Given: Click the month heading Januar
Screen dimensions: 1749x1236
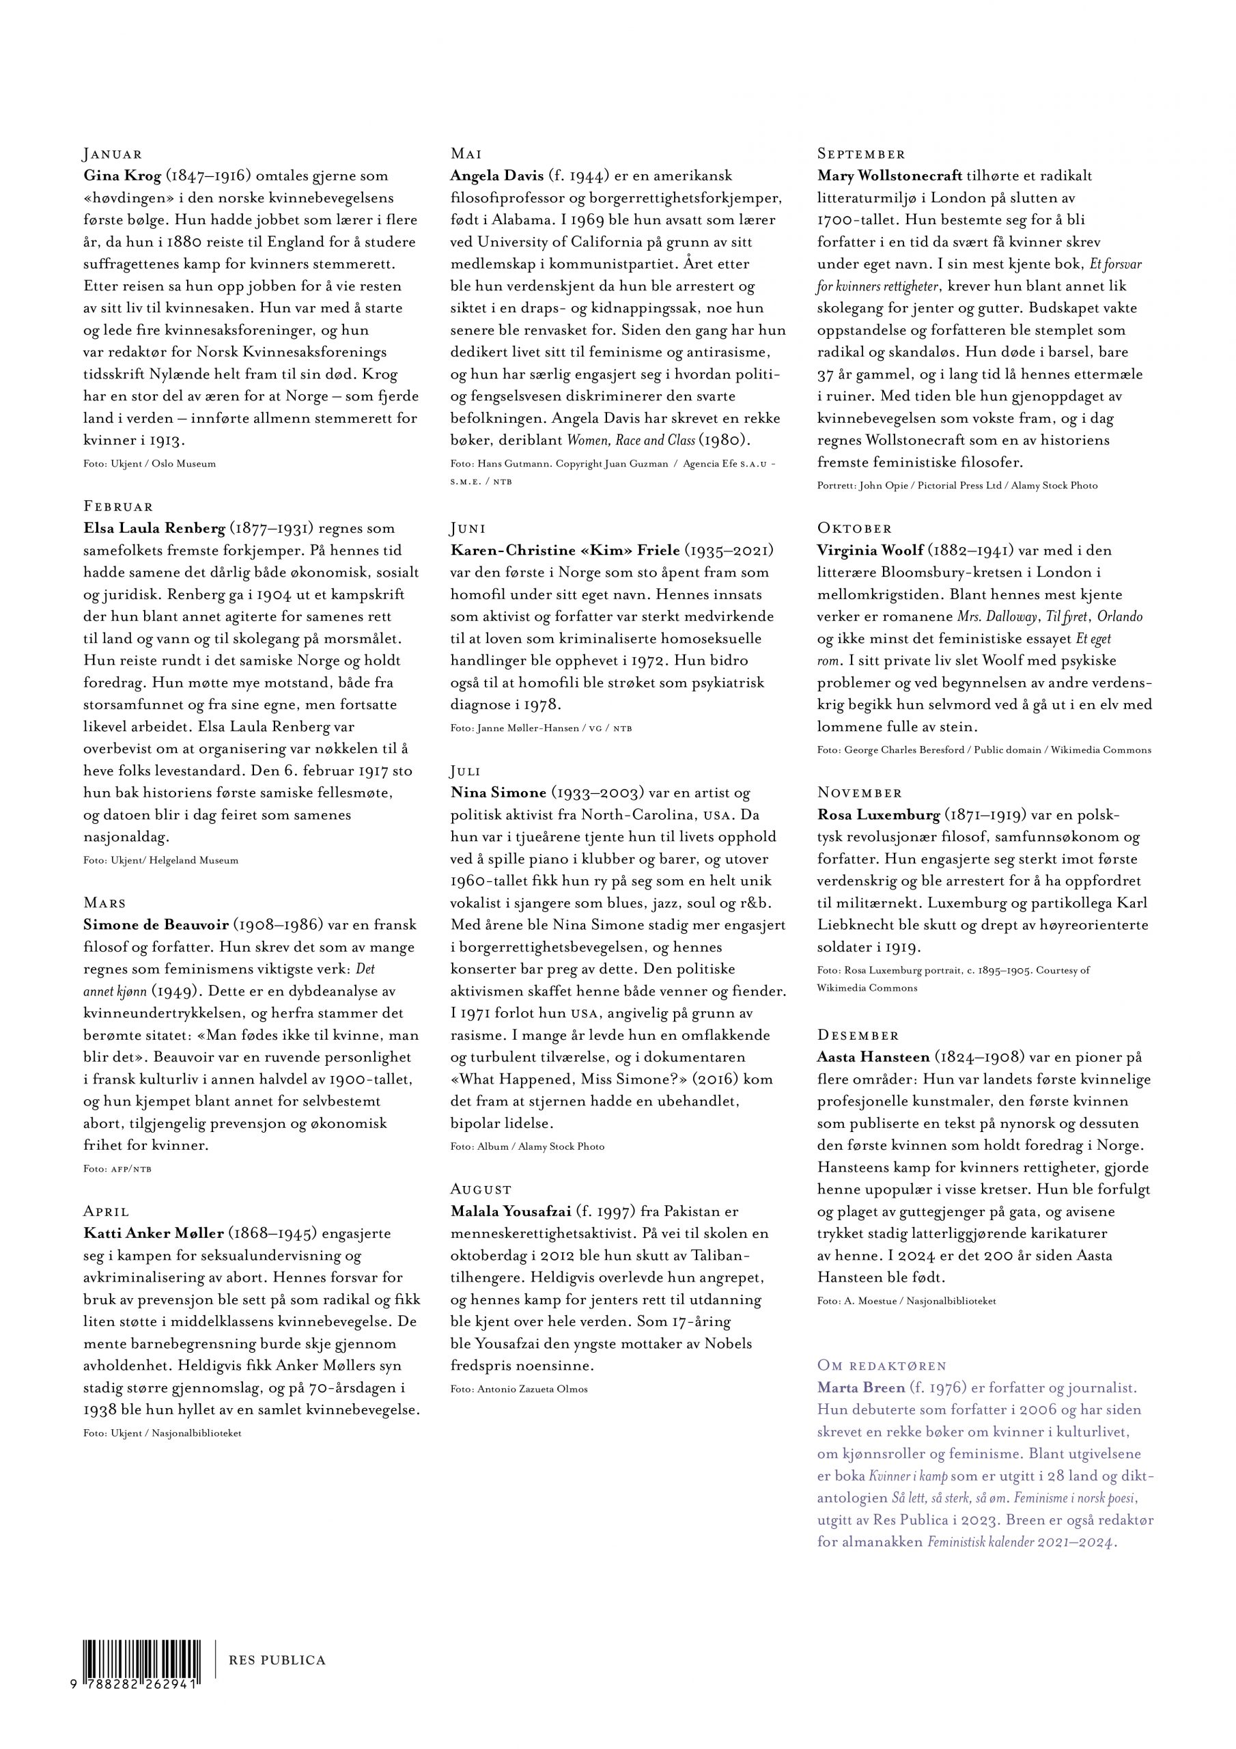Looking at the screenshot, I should pyautogui.click(x=113, y=154).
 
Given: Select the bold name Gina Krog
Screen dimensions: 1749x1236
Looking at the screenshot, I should pyautogui.click(x=122, y=176).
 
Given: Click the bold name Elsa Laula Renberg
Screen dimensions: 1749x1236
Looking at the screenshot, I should pyautogui.click(x=154, y=529).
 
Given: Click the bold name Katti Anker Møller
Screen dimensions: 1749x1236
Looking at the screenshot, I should pyautogui.click(x=153, y=1233).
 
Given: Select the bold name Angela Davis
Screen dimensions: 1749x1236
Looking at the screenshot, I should pyautogui.click(x=496, y=176).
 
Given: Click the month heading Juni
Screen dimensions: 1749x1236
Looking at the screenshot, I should pyautogui.click(x=468, y=529).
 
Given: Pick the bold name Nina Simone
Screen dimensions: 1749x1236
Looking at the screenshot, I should pyautogui.click(x=498, y=793).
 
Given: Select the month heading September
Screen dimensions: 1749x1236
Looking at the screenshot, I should pyautogui.click(x=861, y=154).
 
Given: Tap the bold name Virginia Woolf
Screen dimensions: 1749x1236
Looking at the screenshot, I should pyautogui.click(x=871, y=551).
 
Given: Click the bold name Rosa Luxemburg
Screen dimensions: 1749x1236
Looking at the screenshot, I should pyautogui.click(x=878, y=815).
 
